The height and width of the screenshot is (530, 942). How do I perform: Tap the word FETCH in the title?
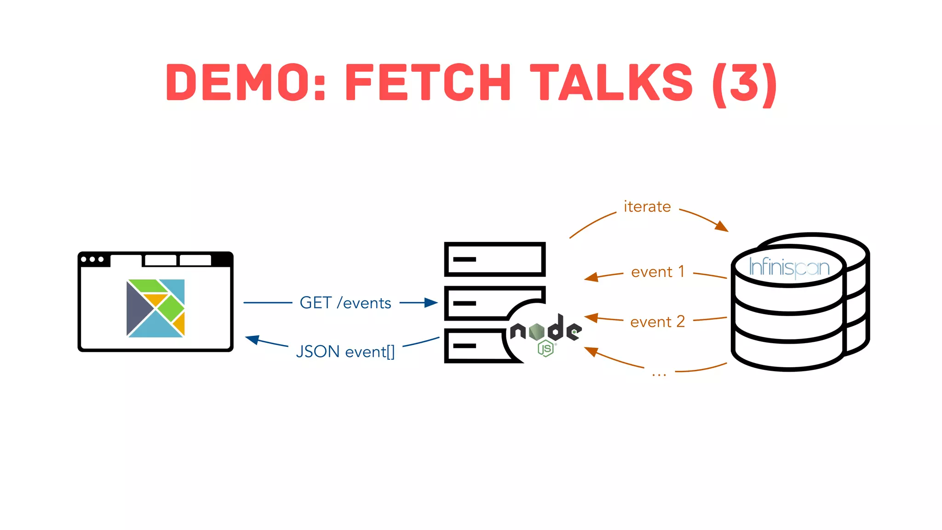(428, 83)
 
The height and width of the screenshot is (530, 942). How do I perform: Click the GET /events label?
(345, 303)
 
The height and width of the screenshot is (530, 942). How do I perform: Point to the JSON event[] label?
(345, 351)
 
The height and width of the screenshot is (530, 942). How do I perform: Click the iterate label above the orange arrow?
(647, 207)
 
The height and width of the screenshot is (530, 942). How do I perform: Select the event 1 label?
(658, 272)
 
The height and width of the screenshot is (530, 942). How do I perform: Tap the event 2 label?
(657, 322)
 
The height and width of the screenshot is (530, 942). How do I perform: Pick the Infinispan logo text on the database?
(789, 267)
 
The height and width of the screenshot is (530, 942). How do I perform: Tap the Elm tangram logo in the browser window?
(155, 308)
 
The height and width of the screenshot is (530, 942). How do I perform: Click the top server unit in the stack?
(494, 259)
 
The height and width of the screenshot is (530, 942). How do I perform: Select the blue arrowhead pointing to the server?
(431, 302)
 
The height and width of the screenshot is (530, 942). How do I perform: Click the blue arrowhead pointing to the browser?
(252, 340)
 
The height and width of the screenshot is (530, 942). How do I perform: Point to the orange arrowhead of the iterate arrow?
(722, 226)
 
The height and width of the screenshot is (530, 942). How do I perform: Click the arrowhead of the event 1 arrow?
(591, 277)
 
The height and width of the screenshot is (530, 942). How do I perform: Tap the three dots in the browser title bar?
(92, 259)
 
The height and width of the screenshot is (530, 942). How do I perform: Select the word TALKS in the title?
(611, 83)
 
